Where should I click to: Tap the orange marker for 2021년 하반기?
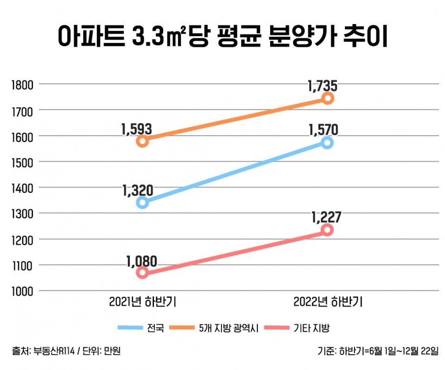tap(142, 141)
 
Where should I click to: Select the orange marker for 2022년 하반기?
tap(328, 98)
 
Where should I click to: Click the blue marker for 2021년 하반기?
tap(142, 202)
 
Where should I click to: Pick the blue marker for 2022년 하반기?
tap(328, 143)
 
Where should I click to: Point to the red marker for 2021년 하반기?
tap(142, 272)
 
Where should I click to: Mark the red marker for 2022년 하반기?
tap(328, 230)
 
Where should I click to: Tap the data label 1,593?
tap(137, 129)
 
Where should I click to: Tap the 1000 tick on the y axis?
tap(21, 291)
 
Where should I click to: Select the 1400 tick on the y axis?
tap(21, 188)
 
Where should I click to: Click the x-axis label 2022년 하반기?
tap(328, 302)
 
